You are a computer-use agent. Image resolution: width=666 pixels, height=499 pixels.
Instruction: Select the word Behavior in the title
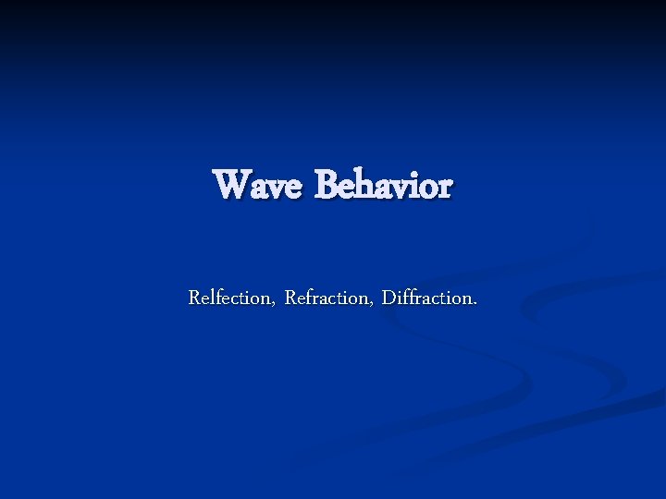(383, 185)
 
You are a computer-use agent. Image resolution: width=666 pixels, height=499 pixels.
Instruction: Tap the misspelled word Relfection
(231, 298)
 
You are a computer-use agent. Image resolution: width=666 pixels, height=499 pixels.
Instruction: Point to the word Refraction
(327, 298)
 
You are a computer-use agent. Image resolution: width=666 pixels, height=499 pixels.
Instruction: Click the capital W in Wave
(230, 185)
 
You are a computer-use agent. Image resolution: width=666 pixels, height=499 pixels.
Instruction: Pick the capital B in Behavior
(325, 185)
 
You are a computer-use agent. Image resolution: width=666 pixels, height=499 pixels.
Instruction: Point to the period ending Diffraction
(475, 303)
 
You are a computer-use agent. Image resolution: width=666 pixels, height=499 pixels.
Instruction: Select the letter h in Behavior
(364, 185)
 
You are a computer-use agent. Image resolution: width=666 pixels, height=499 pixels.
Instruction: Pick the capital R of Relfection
(194, 298)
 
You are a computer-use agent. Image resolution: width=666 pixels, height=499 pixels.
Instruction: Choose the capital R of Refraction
(291, 298)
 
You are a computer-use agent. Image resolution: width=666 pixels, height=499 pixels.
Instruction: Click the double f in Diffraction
(407, 298)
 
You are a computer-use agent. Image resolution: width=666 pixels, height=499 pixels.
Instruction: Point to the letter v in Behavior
(401, 189)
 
